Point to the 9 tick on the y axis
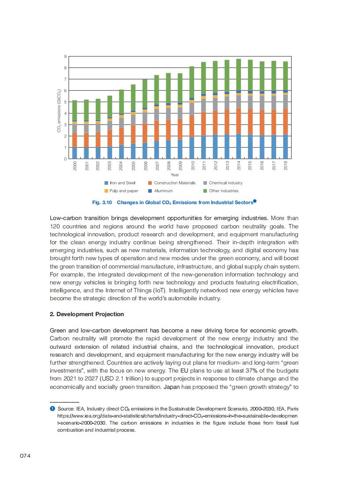[65, 57]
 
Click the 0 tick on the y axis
[65, 158]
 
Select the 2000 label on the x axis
[75, 166]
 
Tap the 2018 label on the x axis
[285, 166]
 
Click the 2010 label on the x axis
[192, 166]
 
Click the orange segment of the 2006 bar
[145, 133]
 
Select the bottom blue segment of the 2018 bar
[285, 146]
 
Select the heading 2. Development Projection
[87, 314]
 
